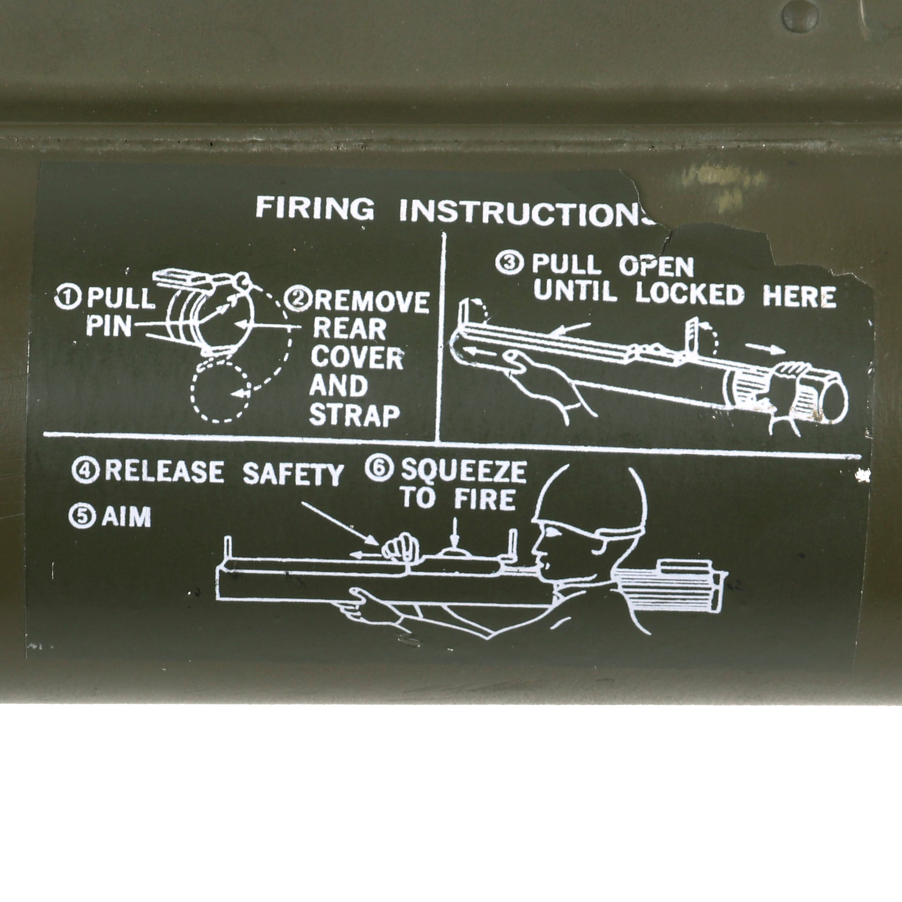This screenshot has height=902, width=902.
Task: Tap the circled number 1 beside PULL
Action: tap(65, 298)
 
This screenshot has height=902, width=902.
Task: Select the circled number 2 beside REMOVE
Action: tap(300, 300)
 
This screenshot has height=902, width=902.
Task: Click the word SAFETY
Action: tap(293, 475)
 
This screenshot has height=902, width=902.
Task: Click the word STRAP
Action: tap(354, 415)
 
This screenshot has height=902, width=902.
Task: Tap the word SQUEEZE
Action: tap(464, 472)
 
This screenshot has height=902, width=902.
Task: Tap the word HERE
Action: tap(799, 296)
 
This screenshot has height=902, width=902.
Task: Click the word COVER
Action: tap(357, 358)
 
